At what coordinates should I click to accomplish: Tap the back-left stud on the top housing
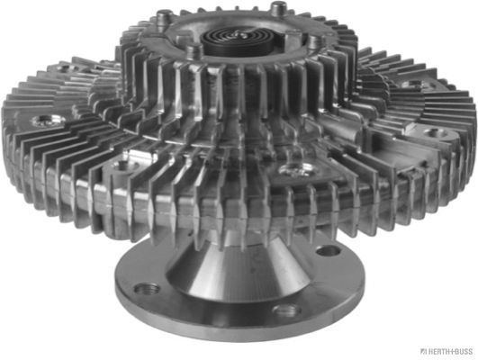(x=165, y=19)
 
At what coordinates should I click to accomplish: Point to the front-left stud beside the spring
(x=194, y=50)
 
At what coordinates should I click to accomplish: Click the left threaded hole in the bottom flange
(x=147, y=288)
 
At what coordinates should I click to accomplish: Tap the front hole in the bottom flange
(x=286, y=310)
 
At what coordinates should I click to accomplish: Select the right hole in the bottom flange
(x=329, y=251)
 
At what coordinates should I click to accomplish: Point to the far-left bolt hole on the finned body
(x=47, y=120)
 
